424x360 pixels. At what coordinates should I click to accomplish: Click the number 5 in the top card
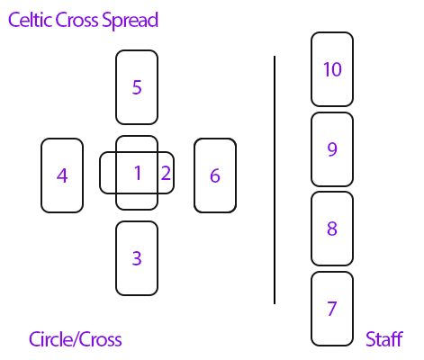coord(137,87)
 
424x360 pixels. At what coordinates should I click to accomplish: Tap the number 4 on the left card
coord(62,175)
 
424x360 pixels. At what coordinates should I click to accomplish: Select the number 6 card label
coord(215,175)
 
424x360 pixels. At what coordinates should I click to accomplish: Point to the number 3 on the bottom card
coord(137,258)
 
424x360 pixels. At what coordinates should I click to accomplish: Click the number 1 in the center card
coord(138,173)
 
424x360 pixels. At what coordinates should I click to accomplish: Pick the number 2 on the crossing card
coord(167,173)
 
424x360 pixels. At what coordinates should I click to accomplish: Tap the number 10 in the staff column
coord(332,69)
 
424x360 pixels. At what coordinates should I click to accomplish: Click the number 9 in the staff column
coord(332,149)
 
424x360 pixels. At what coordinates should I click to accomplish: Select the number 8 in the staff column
coord(332,229)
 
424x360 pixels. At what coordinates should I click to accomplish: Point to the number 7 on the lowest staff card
coord(332,309)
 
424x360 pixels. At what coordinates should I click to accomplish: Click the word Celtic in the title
coord(30,20)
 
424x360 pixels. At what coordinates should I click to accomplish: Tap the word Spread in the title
coord(130,21)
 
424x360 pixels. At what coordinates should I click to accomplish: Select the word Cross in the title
coord(77,20)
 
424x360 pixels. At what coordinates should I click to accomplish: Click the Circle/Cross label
coord(76,339)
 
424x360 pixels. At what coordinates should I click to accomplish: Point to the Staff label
coord(384,339)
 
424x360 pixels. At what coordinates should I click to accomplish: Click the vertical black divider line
coord(275,180)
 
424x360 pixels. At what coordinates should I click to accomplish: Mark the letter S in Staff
coord(371,339)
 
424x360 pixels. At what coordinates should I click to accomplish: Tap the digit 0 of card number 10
coord(337,69)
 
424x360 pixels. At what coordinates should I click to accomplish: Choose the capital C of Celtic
coord(14,21)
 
